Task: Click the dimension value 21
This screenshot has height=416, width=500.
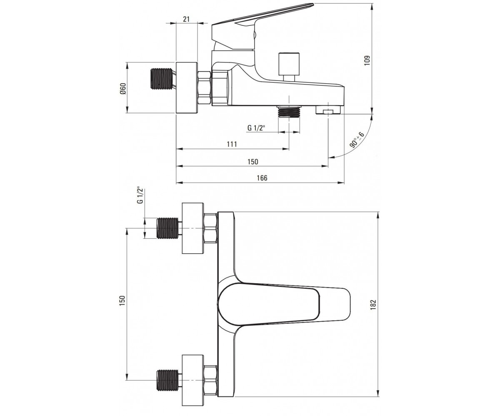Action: coord(186,19)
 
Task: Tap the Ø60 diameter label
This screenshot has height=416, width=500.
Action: coord(123,89)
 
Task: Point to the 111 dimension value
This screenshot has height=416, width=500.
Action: coord(232,144)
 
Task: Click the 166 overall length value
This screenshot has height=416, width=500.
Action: coord(262,178)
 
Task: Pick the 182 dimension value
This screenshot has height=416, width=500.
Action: coord(373,305)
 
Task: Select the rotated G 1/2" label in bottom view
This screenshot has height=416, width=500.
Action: coord(140,195)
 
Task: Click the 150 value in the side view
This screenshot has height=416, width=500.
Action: coord(253,162)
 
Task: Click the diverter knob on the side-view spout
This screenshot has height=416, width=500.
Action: coord(289,67)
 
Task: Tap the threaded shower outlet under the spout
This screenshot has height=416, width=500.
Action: coord(289,111)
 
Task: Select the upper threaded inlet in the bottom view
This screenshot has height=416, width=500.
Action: coord(168,228)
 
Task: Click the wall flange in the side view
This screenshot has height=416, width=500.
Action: coord(187,88)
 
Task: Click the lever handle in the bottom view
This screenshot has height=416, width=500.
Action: coord(284,304)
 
